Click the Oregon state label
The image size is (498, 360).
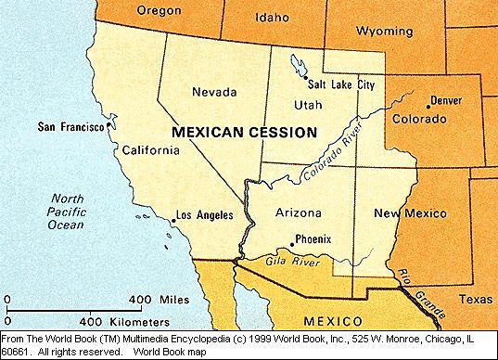click(x=159, y=11)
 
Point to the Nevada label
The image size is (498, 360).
click(x=213, y=92)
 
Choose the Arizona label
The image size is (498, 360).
click(x=300, y=214)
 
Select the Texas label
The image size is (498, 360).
click(x=477, y=300)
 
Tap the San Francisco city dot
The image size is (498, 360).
click(x=110, y=125)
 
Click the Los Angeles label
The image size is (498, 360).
click(x=202, y=215)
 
